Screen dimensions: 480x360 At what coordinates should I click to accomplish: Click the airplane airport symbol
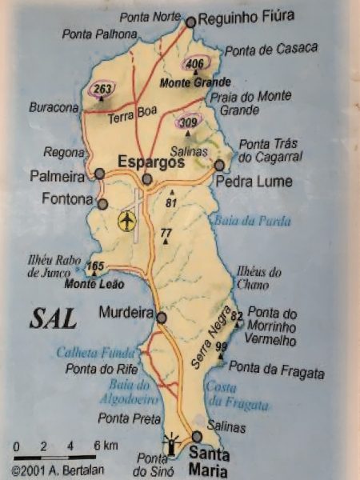pyautogui.click(x=126, y=222)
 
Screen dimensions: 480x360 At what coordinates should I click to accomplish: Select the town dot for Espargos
pyautogui.click(x=147, y=178)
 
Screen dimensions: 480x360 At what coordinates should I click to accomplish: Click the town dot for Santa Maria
pyautogui.click(x=197, y=436)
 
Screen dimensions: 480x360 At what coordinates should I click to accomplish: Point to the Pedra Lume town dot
pyautogui.click(x=219, y=165)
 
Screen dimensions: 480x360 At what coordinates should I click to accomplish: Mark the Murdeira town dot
pyautogui.click(x=162, y=318)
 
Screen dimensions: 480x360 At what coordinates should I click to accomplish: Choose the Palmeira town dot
pyautogui.click(x=99, y=174)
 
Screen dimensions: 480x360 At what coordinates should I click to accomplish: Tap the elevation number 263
pyautogui.click(x=101, y=90)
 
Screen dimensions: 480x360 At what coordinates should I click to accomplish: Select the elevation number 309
pyautogui.click(x=188, y=122)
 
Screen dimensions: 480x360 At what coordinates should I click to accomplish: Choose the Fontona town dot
pyautogui.click(x=102, y=204)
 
